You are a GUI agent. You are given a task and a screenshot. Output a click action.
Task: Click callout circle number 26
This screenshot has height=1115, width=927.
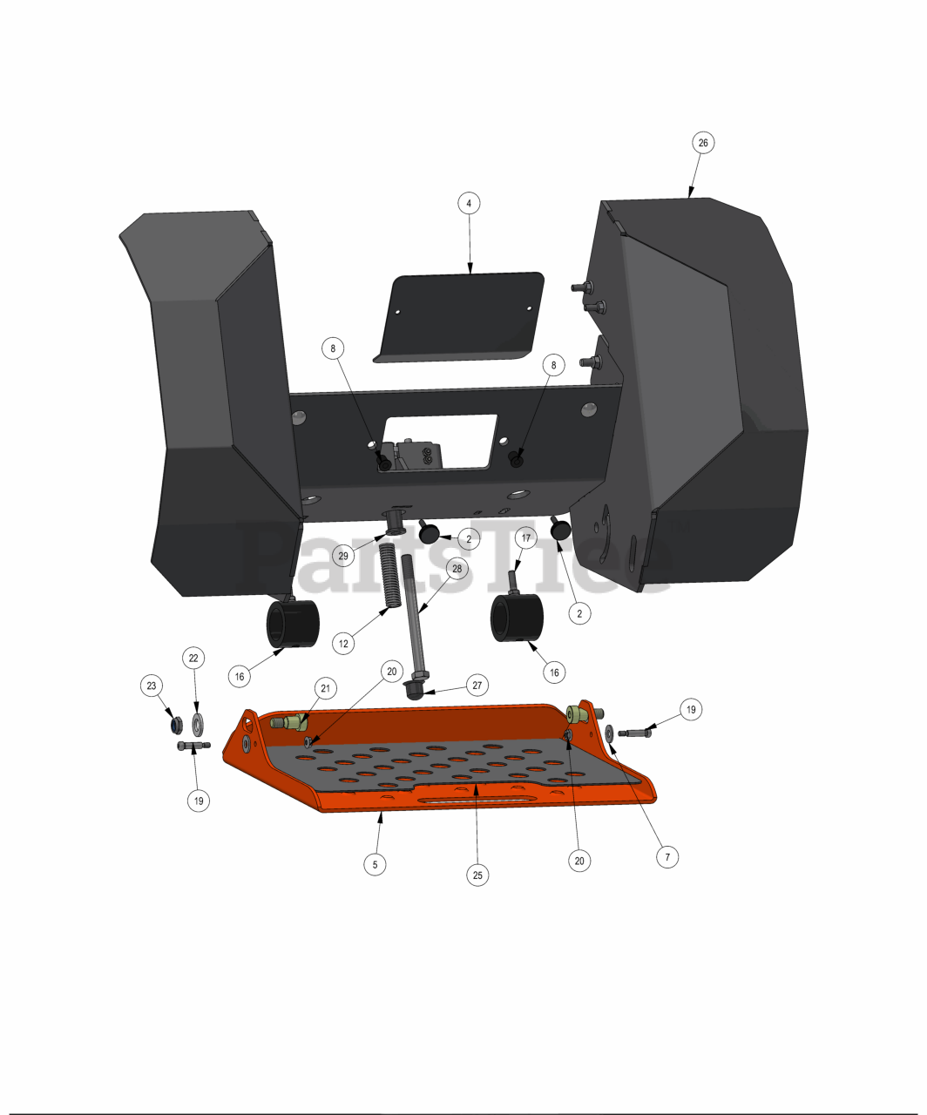(703, 143)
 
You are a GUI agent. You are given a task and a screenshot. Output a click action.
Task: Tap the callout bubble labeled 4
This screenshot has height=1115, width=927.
(469, 204)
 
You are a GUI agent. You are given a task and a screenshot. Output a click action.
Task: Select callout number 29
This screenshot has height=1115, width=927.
(343, 556)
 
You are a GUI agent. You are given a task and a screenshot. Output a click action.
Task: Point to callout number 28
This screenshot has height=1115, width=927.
(457, 569)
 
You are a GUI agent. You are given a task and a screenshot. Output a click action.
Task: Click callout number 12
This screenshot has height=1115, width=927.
(343, 644)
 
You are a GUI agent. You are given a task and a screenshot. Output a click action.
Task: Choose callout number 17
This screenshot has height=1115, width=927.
(526, 537)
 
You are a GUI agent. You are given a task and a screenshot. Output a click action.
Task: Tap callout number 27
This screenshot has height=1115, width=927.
(477, 686)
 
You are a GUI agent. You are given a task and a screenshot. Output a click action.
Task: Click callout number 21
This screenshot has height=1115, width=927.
(326, 688)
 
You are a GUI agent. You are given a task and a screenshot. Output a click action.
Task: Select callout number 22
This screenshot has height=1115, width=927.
(193, 658)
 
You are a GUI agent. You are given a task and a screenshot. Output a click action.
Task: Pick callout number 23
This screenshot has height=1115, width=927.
(152, 686)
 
